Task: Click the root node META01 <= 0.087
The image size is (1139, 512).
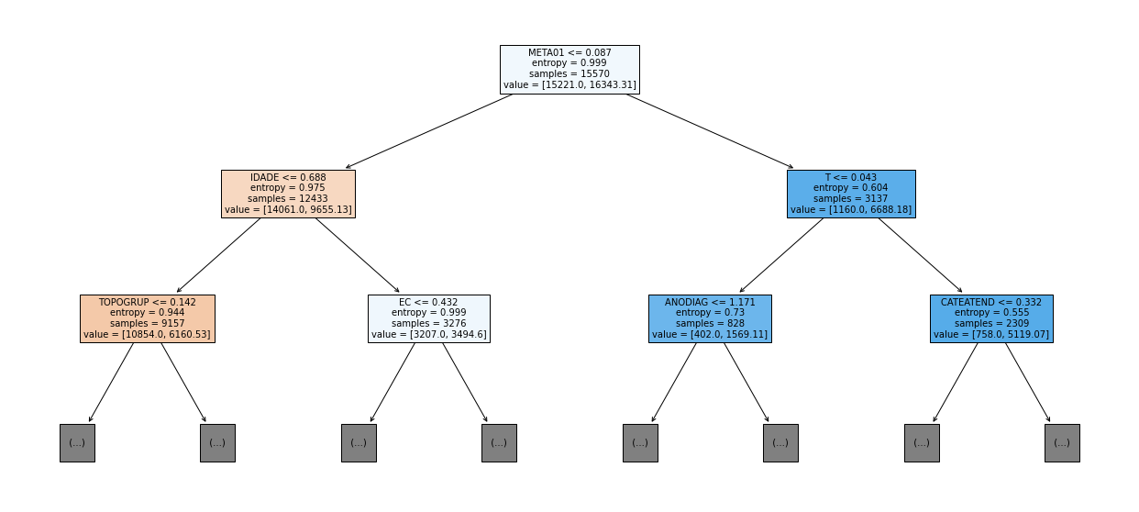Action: [569, 70]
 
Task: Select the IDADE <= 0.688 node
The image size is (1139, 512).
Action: [288, 194]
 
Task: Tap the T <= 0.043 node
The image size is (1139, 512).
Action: [851, 194]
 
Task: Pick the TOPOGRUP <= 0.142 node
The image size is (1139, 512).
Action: [148, 318]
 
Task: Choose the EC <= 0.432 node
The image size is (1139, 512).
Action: [429, 318]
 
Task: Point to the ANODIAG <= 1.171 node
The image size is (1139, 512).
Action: [710, 318]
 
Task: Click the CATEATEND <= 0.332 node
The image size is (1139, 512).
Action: [991, 318]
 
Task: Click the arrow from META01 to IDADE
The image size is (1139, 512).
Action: [428, 131]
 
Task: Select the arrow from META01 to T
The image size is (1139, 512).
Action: [710, 131]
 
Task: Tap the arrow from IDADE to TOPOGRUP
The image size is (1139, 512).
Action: [218, 255]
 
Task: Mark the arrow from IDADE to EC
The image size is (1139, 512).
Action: [358, 255]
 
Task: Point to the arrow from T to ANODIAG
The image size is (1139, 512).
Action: [781, 255]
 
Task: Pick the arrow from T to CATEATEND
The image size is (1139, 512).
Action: [921, 255]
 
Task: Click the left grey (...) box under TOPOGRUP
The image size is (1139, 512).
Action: [77, 443]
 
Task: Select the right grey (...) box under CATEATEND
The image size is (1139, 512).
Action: [1062, 443]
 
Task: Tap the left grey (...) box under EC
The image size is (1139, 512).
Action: [359, 443]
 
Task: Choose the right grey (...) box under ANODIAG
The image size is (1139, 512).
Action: [780, 443]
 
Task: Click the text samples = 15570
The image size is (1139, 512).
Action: [569, 73]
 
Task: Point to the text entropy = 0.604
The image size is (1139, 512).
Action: [851, 188]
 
